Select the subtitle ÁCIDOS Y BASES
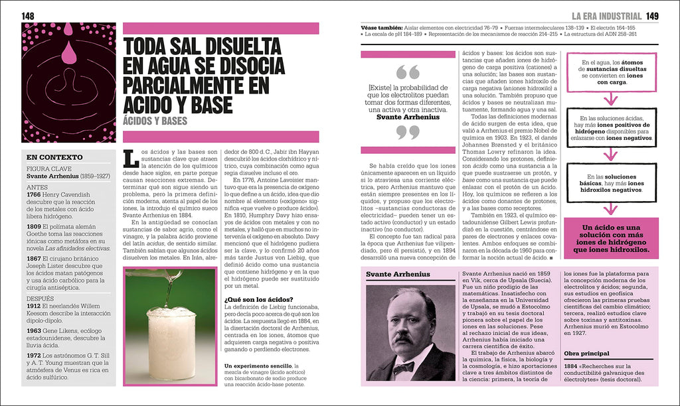point(155,121)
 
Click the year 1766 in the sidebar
point(34,194)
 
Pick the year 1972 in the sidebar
point(34,355)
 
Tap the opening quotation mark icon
point(407,72)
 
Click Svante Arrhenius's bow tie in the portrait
point(402,366)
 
